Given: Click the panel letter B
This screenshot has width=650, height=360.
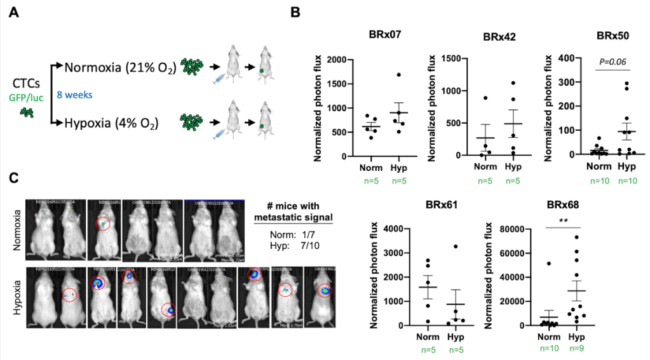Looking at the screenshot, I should click(x=295, y=12).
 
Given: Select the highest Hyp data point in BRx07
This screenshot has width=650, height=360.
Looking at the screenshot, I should click(x=399, y=75).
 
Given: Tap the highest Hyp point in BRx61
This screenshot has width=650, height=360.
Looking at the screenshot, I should click(x=456, y=246).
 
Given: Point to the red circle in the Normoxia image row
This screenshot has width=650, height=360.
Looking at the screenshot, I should click(x=102, y=223).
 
